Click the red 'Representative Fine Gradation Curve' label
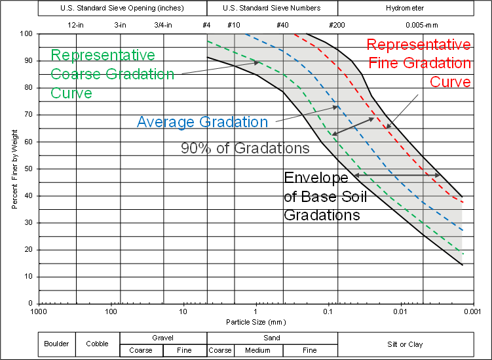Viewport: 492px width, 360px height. [418, 63]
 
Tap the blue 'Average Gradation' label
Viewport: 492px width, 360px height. [202, 122]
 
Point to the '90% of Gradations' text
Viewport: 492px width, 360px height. [245, 149]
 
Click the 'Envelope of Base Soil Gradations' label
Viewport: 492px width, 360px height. [325, 196]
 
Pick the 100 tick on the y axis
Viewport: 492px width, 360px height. [26, 33]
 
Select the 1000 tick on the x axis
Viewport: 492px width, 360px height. [39, 311]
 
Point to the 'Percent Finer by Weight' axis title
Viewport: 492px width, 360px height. [14, 169]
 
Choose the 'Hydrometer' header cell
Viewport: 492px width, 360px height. [405, 9]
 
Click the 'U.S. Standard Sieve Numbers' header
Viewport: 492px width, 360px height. [271, 9]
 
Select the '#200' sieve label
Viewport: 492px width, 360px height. [337, 25]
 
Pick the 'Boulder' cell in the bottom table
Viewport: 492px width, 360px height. [57, 344]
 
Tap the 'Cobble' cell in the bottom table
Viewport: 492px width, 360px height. [98, 344]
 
